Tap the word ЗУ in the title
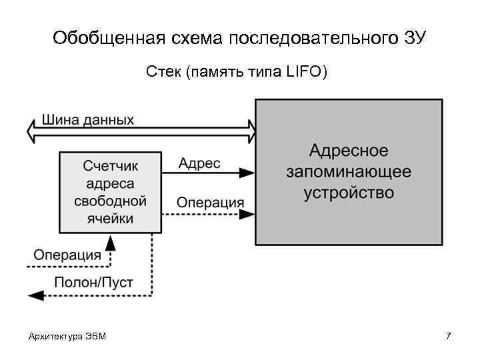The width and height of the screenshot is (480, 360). (x=414, y=38)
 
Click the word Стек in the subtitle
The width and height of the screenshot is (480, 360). (x=164, y=71)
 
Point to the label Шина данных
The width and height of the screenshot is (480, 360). (x=88, y=120)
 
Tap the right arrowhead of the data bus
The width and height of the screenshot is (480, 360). (x=250, y=131)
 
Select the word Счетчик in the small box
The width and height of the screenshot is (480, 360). (x=110, y=166)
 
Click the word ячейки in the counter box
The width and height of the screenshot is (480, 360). (x=110, y=218)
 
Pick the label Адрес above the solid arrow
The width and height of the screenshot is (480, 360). (x=199, y=163)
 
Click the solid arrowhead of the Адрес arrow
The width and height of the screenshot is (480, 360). (x=247, y=173)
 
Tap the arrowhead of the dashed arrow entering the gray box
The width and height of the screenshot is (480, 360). (x=247, y=214)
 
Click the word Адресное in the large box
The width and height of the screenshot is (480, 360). (x=349, y=150)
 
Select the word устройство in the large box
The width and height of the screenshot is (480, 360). (x=349, y=193)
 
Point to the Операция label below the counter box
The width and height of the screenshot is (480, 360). (x=67, y=255)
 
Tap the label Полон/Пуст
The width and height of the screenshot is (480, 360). (x=93, y=282)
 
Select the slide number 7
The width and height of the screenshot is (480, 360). (x=448, y=335)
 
